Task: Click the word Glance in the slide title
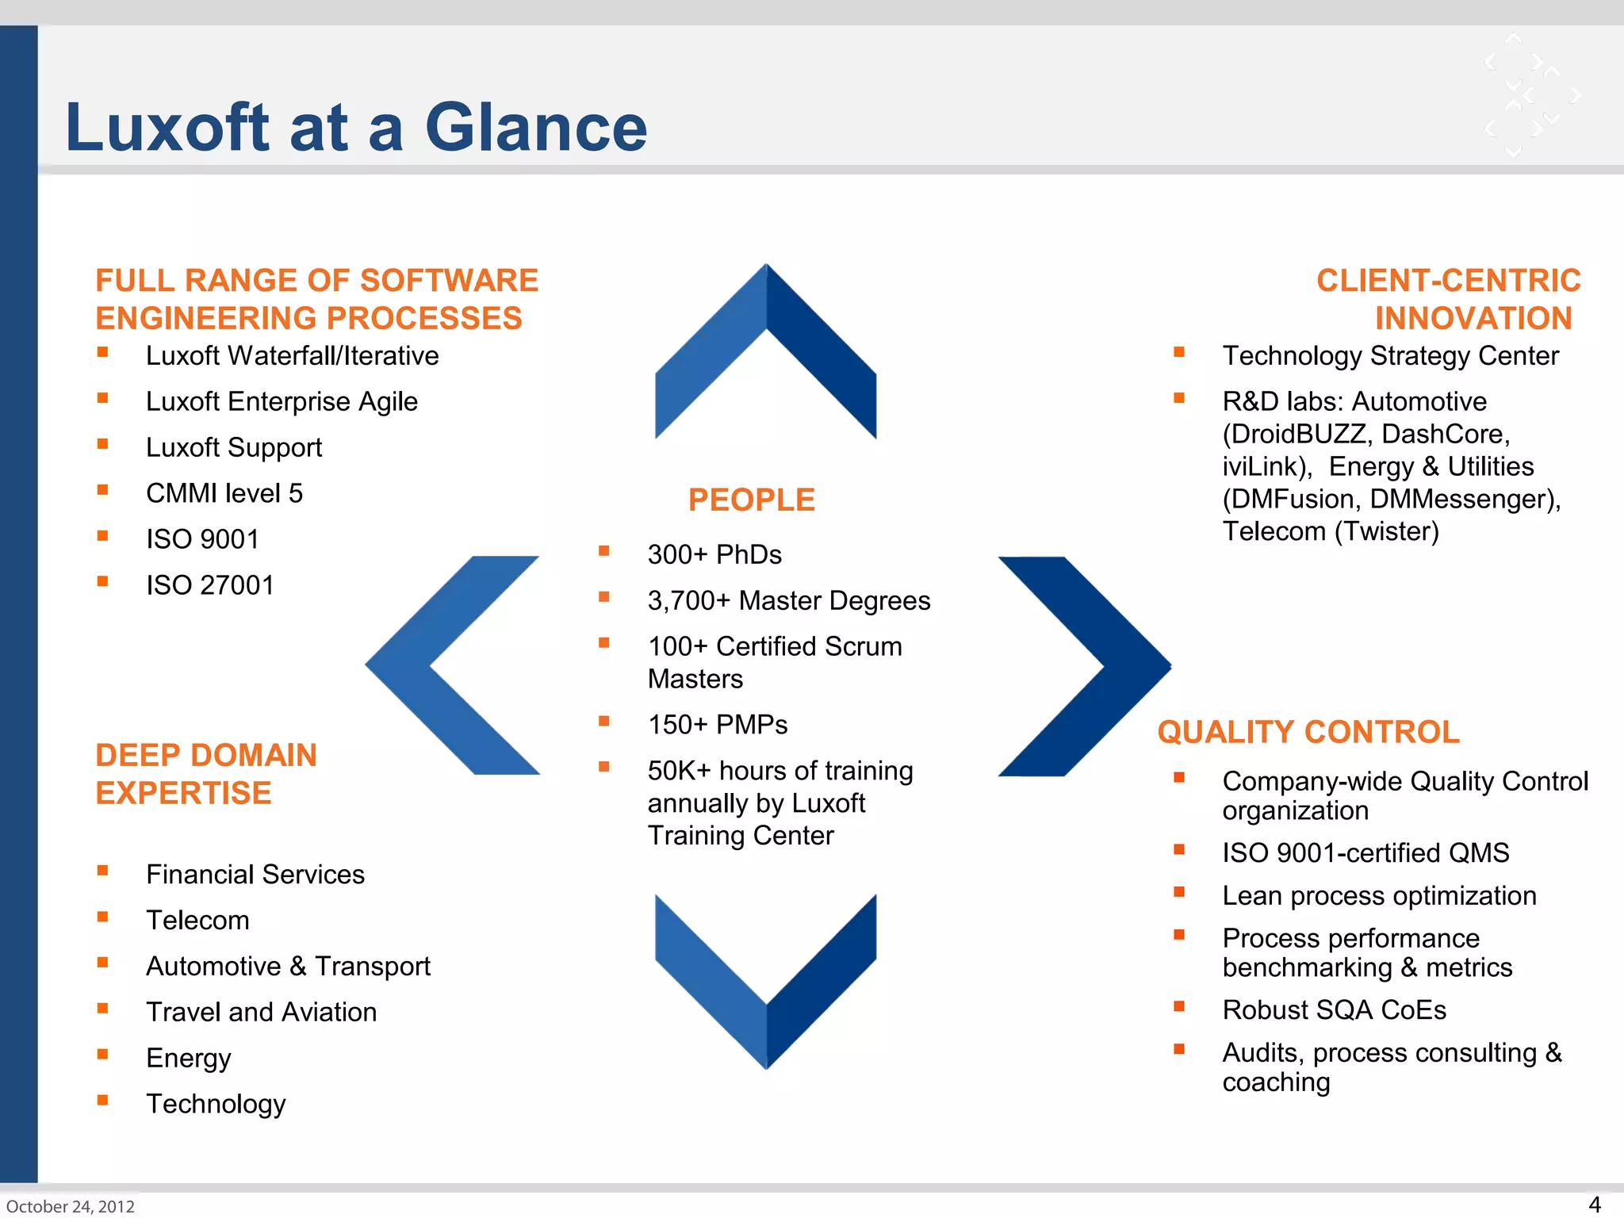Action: coord(536,128)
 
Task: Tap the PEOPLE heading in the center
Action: coord(751,500)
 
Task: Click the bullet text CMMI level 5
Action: coord(224,494)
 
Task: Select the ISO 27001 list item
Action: coord(210,586)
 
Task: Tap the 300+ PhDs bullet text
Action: coord(714,555)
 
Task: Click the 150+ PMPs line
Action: coord(718,725)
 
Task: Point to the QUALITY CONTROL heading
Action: coord(1308,732)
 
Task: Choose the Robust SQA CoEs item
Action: coord(1334,1010)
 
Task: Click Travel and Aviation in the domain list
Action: coord(262,1013)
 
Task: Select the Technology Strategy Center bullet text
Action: coord(1390,356)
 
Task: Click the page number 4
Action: coord(1595,1204)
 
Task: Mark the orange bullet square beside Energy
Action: coord(102,1055)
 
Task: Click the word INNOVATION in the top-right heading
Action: coord(1473,319)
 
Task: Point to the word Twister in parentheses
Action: coord(1386,531)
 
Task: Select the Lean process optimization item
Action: coord(1379,896)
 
